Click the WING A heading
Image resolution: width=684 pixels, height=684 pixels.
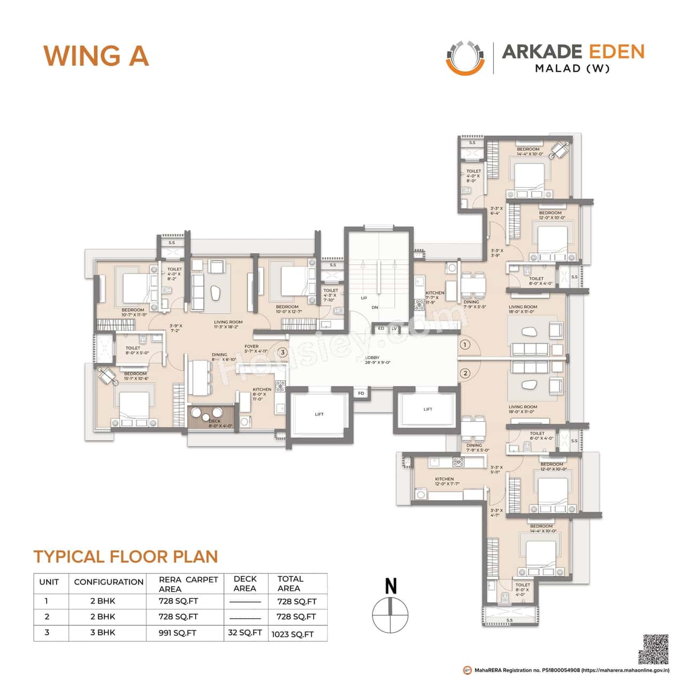(96, 56)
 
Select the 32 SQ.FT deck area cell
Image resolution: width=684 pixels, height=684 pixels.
(245, 633)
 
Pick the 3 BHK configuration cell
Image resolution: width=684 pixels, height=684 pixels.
(103, 632)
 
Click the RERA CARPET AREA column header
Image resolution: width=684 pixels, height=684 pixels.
(188, 584)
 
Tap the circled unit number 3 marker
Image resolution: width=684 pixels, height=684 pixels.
(283, 352)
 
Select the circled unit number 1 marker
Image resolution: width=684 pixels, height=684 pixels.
(465, 345)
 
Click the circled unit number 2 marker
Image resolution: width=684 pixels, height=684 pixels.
(465, 373)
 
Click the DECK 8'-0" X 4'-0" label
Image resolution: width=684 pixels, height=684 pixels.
(214, 423)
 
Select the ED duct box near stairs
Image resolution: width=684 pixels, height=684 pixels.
(381, 329)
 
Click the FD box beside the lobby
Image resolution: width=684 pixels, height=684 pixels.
(361, 394)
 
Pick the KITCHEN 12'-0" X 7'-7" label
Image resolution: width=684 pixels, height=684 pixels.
(445, 481)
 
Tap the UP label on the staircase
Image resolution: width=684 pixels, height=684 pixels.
(364, 298)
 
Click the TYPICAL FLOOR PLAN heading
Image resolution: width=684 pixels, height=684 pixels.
(126, 556)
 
